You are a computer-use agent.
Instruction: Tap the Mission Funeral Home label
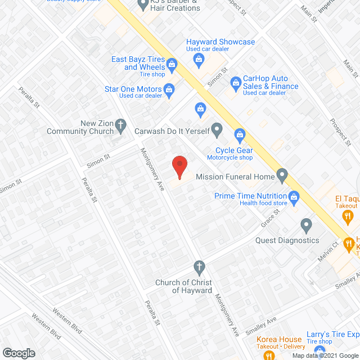235,177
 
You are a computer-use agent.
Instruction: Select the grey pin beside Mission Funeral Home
283,177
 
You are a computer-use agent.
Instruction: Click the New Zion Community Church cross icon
120,127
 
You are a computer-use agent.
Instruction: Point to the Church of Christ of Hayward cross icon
198,266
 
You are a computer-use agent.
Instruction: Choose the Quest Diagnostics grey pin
306,226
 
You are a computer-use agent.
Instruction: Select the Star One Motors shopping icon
168,89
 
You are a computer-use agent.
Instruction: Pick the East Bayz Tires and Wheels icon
169,64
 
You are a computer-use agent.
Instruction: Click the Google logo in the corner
19,353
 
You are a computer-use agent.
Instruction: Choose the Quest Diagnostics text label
287,240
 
